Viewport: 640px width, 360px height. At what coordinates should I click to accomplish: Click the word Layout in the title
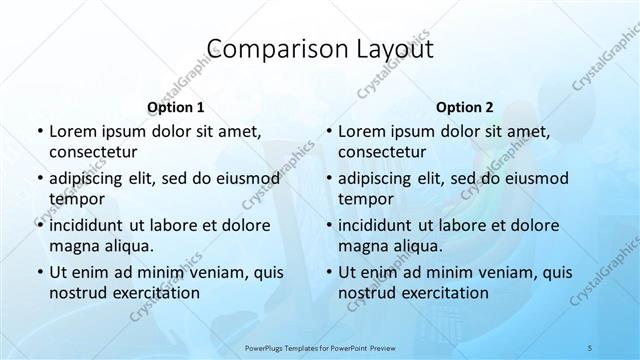390,49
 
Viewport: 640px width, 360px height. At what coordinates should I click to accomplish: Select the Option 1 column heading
176,106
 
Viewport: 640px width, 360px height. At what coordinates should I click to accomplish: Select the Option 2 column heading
465,106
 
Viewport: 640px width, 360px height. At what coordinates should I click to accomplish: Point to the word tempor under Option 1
76,199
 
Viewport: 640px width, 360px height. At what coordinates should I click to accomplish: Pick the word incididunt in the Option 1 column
91,225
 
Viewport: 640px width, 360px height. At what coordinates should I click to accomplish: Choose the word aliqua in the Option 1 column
126,245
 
